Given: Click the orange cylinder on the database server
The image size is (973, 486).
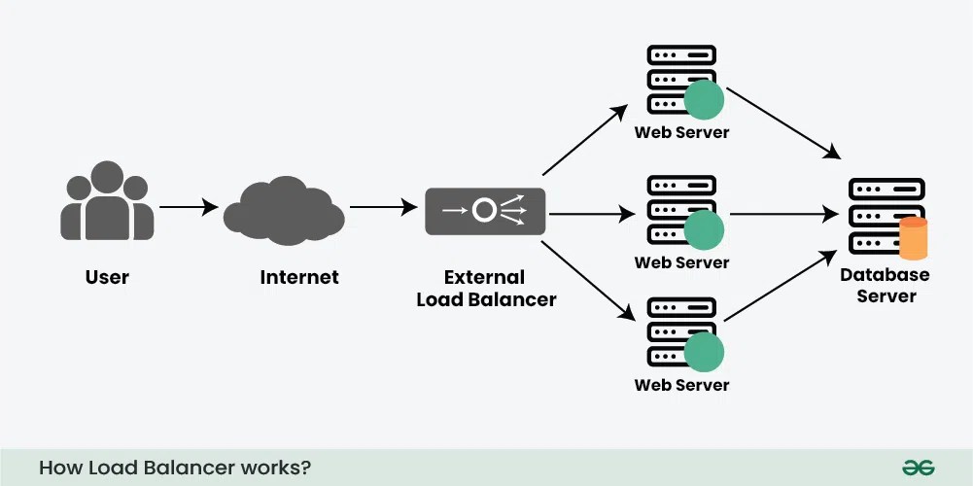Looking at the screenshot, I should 914,239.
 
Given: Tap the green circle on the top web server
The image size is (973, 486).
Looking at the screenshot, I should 704,100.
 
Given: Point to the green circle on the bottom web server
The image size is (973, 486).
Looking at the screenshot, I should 704,352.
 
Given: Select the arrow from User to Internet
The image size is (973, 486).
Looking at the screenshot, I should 189,207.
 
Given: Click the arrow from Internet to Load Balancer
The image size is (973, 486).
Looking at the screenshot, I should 382,207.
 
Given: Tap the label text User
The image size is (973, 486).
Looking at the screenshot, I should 107,277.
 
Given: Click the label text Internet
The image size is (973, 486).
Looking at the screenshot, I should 299,277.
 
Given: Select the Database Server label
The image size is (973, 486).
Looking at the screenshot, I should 885,285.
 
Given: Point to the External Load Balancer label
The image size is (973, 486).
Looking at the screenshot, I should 486,289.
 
